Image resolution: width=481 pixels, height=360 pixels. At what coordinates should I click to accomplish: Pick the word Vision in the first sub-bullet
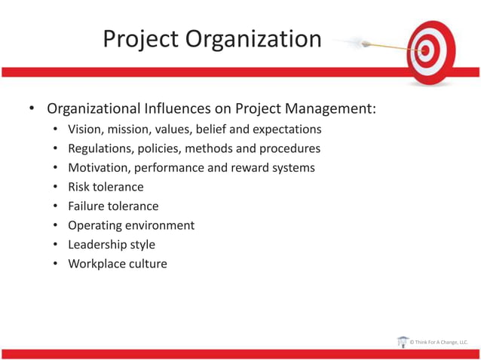pyautogui.click(x=84, y=129)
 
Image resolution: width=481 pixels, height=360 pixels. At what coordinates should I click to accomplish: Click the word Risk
pyautogui.click(x=79, y=187)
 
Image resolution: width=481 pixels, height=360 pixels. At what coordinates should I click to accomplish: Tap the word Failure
pyautogui.click(x=87, y=206)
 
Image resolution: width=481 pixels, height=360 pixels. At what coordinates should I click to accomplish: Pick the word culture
pyautogui.click(x=147, y=264)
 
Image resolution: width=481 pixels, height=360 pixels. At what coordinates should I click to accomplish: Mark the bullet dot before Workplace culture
pyautogui.click(x=57, y=264)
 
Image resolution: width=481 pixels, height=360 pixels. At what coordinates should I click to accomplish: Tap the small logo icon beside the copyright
pyautogui.click(x=403, y=342)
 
